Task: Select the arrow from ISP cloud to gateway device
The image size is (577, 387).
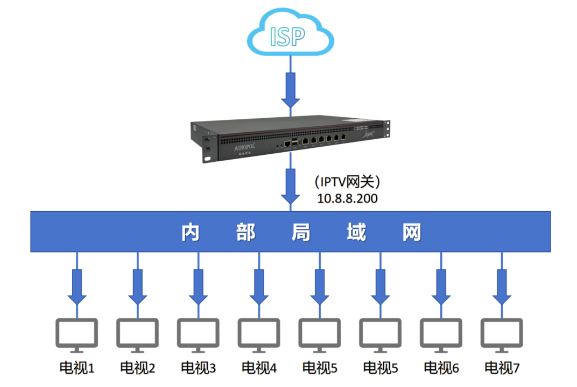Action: click(291, 89)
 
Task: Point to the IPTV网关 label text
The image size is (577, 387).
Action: click(348, 182)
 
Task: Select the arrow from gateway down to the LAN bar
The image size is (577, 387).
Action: click(291, 185)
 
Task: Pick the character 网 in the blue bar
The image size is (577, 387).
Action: click(411, 233)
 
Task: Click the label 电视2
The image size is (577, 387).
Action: click(138, 368)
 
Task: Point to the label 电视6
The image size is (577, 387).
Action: click(441, 368)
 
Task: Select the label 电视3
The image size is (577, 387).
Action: click(199, 368)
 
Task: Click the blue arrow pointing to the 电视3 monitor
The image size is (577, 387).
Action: click(199, 285)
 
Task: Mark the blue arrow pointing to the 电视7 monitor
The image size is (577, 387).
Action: click(502, 285)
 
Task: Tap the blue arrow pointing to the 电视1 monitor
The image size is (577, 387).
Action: click(76, 285)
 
